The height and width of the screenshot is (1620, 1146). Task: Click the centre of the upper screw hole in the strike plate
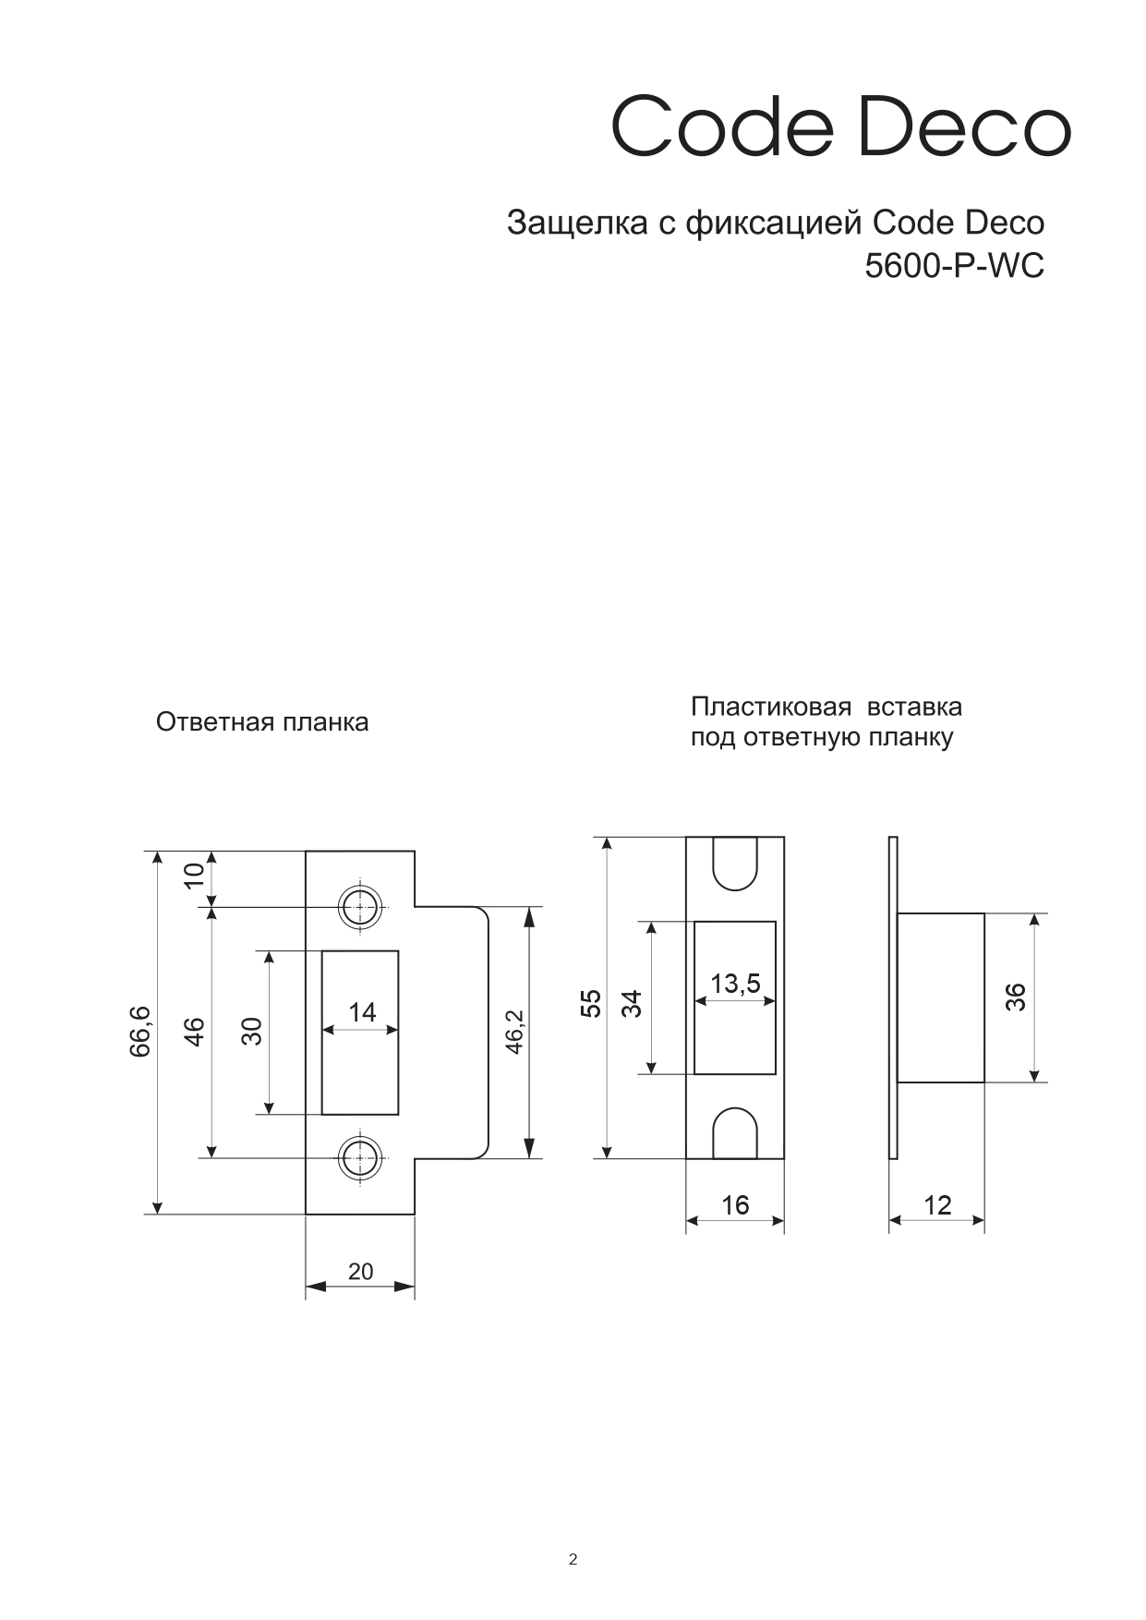(359, 907)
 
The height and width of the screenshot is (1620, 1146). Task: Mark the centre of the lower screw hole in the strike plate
(359, 1157)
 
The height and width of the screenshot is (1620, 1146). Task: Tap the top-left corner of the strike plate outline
(306, 852)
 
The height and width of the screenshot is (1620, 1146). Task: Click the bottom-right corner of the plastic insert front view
(784, 1158)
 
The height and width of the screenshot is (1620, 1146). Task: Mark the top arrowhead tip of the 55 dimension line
(607, 838)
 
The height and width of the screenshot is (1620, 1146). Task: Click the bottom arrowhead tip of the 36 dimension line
(1035, 1082)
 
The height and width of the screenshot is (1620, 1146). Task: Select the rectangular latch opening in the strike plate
(360, 1033)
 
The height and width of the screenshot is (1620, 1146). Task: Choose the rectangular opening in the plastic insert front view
(735, 997)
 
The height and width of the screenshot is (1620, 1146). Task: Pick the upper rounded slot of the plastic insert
(735, 864)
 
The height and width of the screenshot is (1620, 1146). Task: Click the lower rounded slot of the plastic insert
(735, 1132)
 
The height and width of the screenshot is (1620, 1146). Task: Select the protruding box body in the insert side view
(940, 997)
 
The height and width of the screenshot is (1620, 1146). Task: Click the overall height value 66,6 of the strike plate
(140, 1033)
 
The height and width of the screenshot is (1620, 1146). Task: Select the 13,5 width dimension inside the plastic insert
(735, 984)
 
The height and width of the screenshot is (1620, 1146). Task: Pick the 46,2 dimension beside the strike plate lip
(514, 1032)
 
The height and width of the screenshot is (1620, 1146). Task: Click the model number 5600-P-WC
(954, 266)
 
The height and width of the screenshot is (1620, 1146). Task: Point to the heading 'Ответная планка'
(262, 722)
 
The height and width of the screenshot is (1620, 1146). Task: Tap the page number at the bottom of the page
(573, 1560)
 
